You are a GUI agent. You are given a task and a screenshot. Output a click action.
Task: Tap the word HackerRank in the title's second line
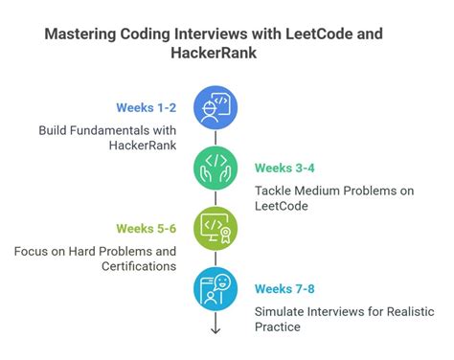(226, 56)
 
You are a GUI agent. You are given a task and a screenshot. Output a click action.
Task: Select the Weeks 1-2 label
(146, 106)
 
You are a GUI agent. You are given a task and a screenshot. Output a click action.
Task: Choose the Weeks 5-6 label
(146, 228)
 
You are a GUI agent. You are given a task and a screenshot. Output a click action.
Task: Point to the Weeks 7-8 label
(285, 288)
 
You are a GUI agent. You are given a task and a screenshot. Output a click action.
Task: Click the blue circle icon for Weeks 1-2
(215, 106)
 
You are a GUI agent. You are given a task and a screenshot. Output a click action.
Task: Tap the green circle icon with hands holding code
(215, 167)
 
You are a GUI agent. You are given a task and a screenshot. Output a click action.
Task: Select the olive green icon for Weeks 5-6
(215, 228)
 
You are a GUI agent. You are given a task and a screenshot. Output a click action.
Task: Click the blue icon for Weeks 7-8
(215, 288)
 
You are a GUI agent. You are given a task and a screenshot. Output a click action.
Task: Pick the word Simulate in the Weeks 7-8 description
(280, 311)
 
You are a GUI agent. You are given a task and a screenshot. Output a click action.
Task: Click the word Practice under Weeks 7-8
(278, 326)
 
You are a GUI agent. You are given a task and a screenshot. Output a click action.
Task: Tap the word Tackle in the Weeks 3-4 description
(275, 190)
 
